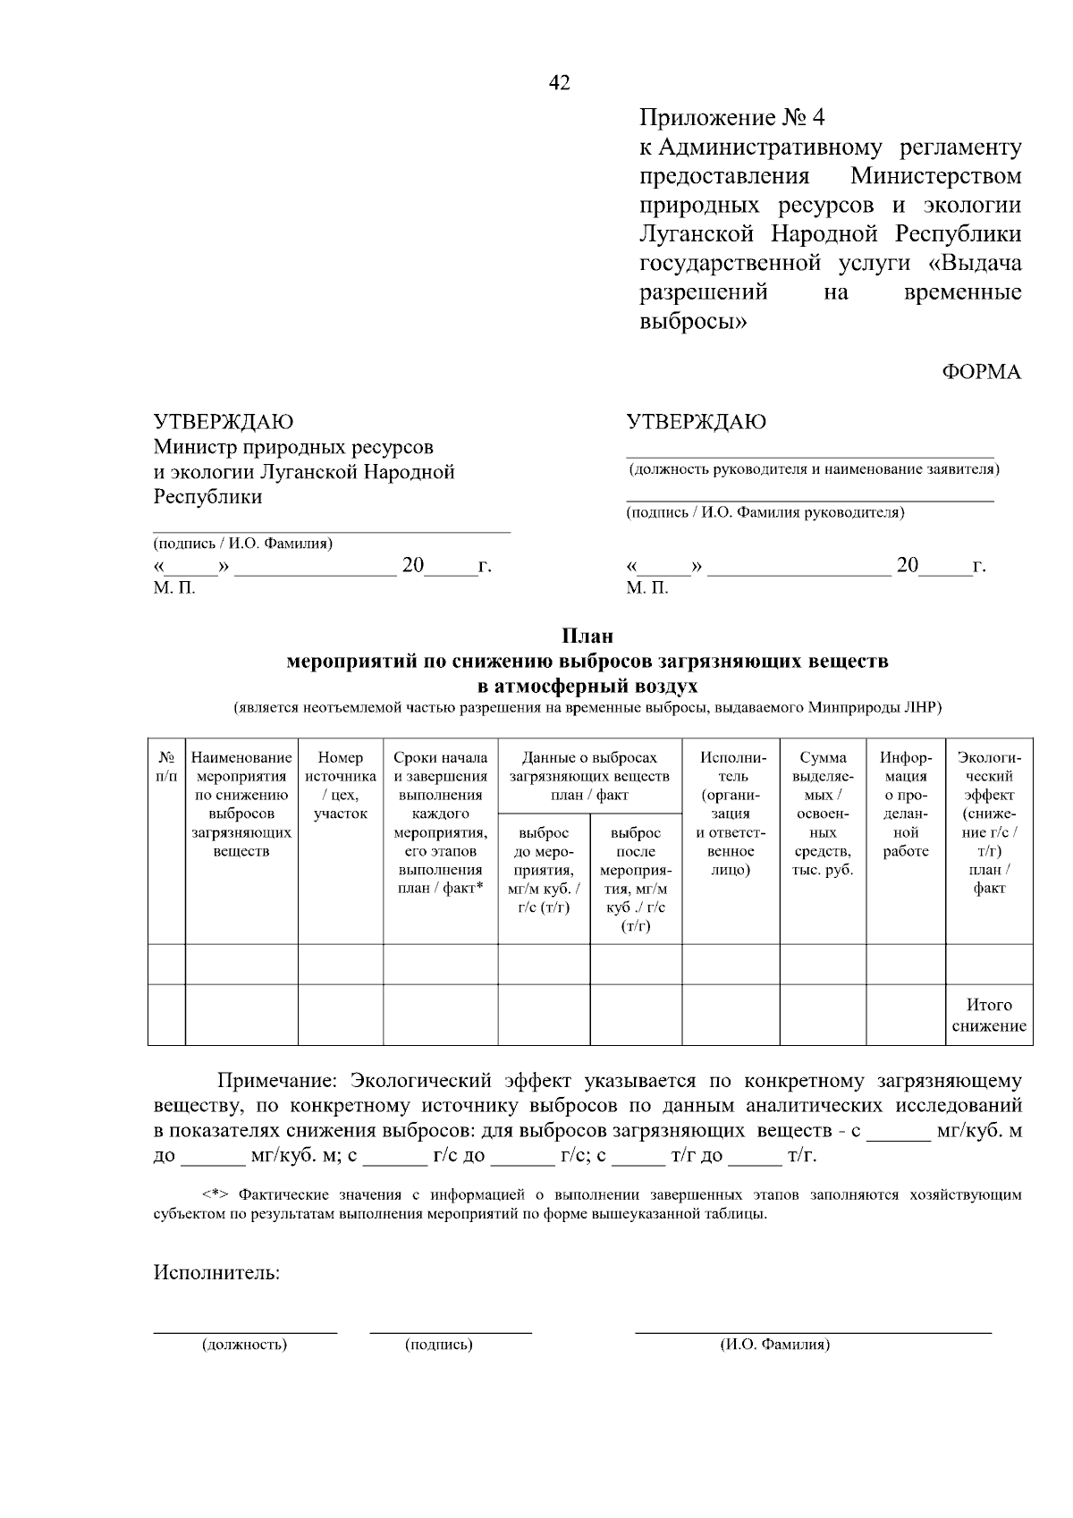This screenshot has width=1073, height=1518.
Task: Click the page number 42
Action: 559,83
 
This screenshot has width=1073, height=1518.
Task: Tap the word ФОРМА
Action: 981,373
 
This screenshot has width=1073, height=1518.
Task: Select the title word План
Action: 587,637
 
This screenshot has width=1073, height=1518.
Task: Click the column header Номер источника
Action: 341,786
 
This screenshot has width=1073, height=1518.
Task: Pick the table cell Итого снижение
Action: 988,1016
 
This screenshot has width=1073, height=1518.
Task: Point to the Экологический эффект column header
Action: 988,822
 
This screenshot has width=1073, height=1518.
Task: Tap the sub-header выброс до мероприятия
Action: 544,870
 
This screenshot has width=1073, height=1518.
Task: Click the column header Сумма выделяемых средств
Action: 823,814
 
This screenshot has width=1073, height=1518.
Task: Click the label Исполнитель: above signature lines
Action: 216,1273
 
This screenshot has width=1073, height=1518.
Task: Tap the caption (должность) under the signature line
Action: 244,1345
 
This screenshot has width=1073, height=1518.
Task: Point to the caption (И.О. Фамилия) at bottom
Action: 774,1345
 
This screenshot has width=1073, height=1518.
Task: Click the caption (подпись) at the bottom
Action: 438,1345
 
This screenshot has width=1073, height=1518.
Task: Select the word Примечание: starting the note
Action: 279,1081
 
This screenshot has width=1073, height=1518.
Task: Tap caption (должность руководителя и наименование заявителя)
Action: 813,469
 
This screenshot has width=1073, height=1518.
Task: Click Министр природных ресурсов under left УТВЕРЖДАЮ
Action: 293,446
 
